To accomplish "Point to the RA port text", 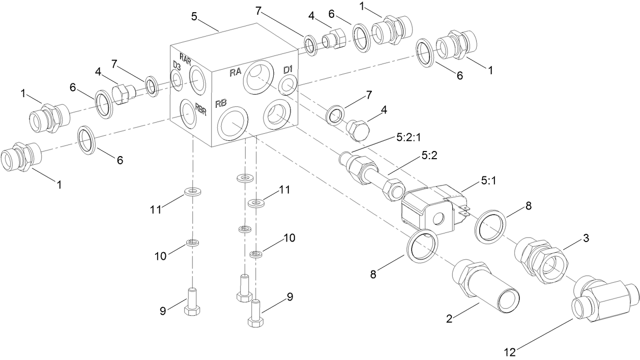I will (235, 73).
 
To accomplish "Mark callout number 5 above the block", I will (194, 16).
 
